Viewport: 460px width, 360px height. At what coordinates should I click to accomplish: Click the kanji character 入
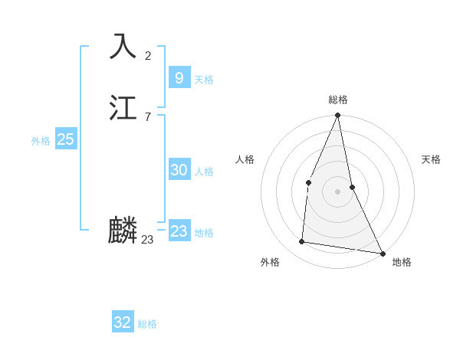(123, 47)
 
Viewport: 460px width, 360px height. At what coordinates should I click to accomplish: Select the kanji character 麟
(123, 231)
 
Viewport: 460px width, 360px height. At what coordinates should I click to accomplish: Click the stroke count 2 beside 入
(148, 55)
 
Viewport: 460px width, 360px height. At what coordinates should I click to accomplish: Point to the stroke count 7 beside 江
(148, 116)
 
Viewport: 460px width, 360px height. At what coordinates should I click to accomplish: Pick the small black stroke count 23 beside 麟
(147, 240)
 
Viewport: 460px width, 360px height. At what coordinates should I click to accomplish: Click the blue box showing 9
(179, 78)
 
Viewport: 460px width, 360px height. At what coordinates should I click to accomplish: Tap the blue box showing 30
(179, 170)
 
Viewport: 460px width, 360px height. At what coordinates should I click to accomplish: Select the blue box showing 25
(65, 139)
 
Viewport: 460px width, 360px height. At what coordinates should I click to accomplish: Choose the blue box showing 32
(123, 322)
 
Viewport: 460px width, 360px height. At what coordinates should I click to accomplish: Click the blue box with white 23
(179, 231)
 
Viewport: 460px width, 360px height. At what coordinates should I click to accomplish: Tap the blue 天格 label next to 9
(204, 80)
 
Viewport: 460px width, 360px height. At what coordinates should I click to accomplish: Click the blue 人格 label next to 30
(204, 172)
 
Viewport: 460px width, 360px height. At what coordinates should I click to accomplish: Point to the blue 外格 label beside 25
(41, 141)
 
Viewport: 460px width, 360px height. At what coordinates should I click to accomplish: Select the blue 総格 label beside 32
(147, 324)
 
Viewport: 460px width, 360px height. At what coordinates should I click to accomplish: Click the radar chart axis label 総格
(338, 100)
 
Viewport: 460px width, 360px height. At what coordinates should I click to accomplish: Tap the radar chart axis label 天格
(432, 159)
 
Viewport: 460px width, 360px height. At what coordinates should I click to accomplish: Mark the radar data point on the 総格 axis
(337, 116)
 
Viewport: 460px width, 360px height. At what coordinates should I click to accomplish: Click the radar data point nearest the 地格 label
(382, 253)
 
